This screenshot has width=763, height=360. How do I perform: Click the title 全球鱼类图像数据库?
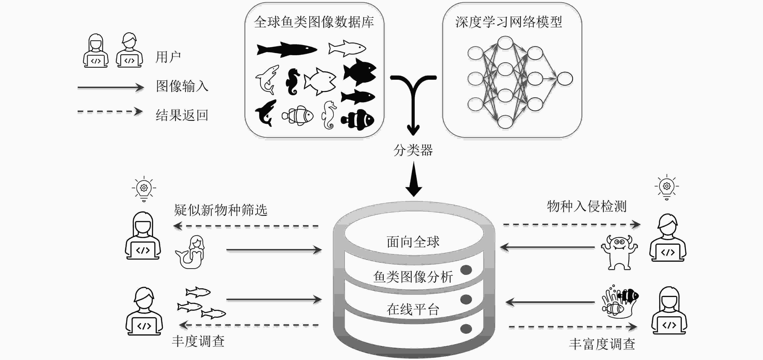tap(314, 22)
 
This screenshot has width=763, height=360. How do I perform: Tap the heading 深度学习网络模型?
tap(509, 22)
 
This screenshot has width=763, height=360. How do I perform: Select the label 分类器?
tap(413, 150)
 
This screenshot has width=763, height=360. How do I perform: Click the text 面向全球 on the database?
tap(413, 242)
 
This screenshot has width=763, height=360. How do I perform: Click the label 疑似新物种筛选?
tap(221, 210)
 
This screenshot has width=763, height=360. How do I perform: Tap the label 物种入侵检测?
tap(586, 206)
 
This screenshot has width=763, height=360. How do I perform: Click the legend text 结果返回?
tap(182, 115)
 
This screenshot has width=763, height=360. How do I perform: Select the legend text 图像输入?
tap(182, 86)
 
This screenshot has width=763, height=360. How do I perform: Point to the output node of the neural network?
tap(565, 79)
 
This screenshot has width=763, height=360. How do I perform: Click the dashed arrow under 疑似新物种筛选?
tap(246, 226)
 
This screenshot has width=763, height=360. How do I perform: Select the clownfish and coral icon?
tap(620, 302)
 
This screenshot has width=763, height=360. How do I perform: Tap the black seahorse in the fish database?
tap(292, 82)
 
